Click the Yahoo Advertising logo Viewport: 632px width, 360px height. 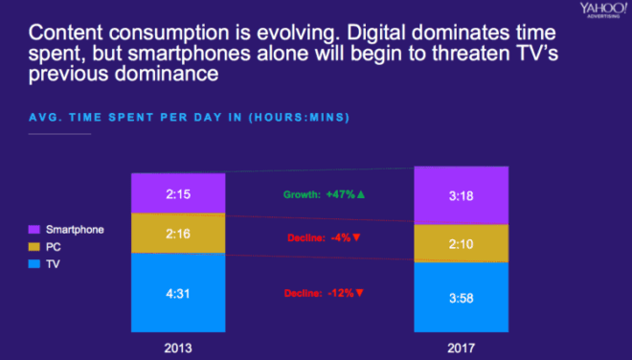tap(603, 11)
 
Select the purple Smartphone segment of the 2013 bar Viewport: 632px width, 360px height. tap(178, 193)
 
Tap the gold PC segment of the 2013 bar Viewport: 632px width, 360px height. tap(178, 233)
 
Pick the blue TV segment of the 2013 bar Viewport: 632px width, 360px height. tap(178, 293)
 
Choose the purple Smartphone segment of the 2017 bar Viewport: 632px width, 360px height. tap(462, 195)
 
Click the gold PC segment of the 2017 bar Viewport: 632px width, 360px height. tap(462, 243)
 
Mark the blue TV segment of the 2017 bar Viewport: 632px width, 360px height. tap(462, 297)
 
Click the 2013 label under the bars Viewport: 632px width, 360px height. tap(178, 348)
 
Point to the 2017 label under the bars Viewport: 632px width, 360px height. tap(462, 348)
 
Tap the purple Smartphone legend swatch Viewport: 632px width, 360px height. tap(34, 230)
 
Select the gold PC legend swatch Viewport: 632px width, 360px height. tap(34, 247)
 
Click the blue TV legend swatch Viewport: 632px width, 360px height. tap(34, 264)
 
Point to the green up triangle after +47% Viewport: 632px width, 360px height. tap(361, 194)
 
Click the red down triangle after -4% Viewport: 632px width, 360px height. tap(356, 237)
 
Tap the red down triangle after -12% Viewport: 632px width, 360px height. tap(360, 293)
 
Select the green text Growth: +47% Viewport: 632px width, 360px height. tap(319, 194)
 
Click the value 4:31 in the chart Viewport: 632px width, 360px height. tap(178, 293)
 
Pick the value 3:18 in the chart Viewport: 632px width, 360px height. tap(462, 196)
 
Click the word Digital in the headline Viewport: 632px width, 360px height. tap(376, 34)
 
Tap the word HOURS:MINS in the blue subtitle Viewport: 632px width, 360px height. tap(299, 118)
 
